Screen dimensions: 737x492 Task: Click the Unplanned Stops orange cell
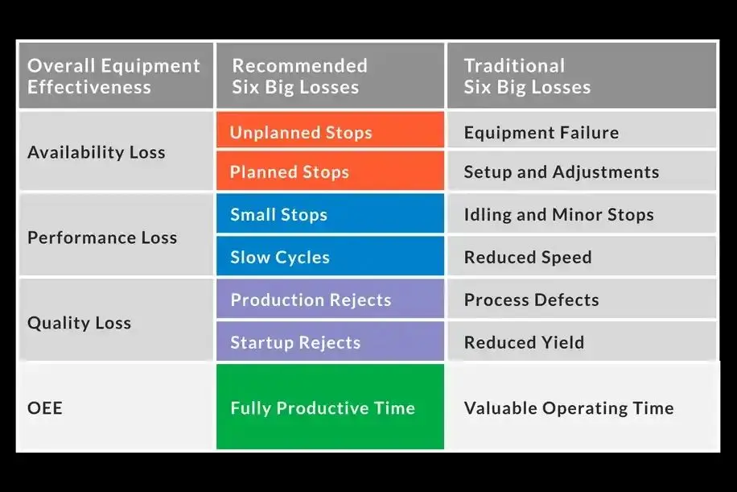point(330,130)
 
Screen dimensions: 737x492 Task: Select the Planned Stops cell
point(330,170)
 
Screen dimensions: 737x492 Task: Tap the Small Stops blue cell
point(330,213)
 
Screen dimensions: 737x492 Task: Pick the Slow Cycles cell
point(330,256)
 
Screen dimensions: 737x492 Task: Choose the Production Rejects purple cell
point(330,299)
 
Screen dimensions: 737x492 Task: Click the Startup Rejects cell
point(330,341)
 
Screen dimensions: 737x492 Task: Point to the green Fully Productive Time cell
point(330,407)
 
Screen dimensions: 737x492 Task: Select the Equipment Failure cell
point(582,130)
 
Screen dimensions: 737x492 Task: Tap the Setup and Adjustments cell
point(582,170)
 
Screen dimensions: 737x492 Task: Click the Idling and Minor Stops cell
point(582,213)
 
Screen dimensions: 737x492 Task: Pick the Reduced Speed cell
point(582,256)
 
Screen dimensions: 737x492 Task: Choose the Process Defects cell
point(582,299)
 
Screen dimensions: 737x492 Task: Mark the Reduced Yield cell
point(582,341)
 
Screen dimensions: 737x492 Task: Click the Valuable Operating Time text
point(569,408)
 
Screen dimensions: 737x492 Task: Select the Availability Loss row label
point(97,152)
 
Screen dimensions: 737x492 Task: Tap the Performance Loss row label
point(102,238)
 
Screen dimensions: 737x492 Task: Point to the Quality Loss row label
point(80,323)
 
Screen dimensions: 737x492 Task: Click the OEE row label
point(44,407)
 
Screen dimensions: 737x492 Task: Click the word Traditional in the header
point(514,66)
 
